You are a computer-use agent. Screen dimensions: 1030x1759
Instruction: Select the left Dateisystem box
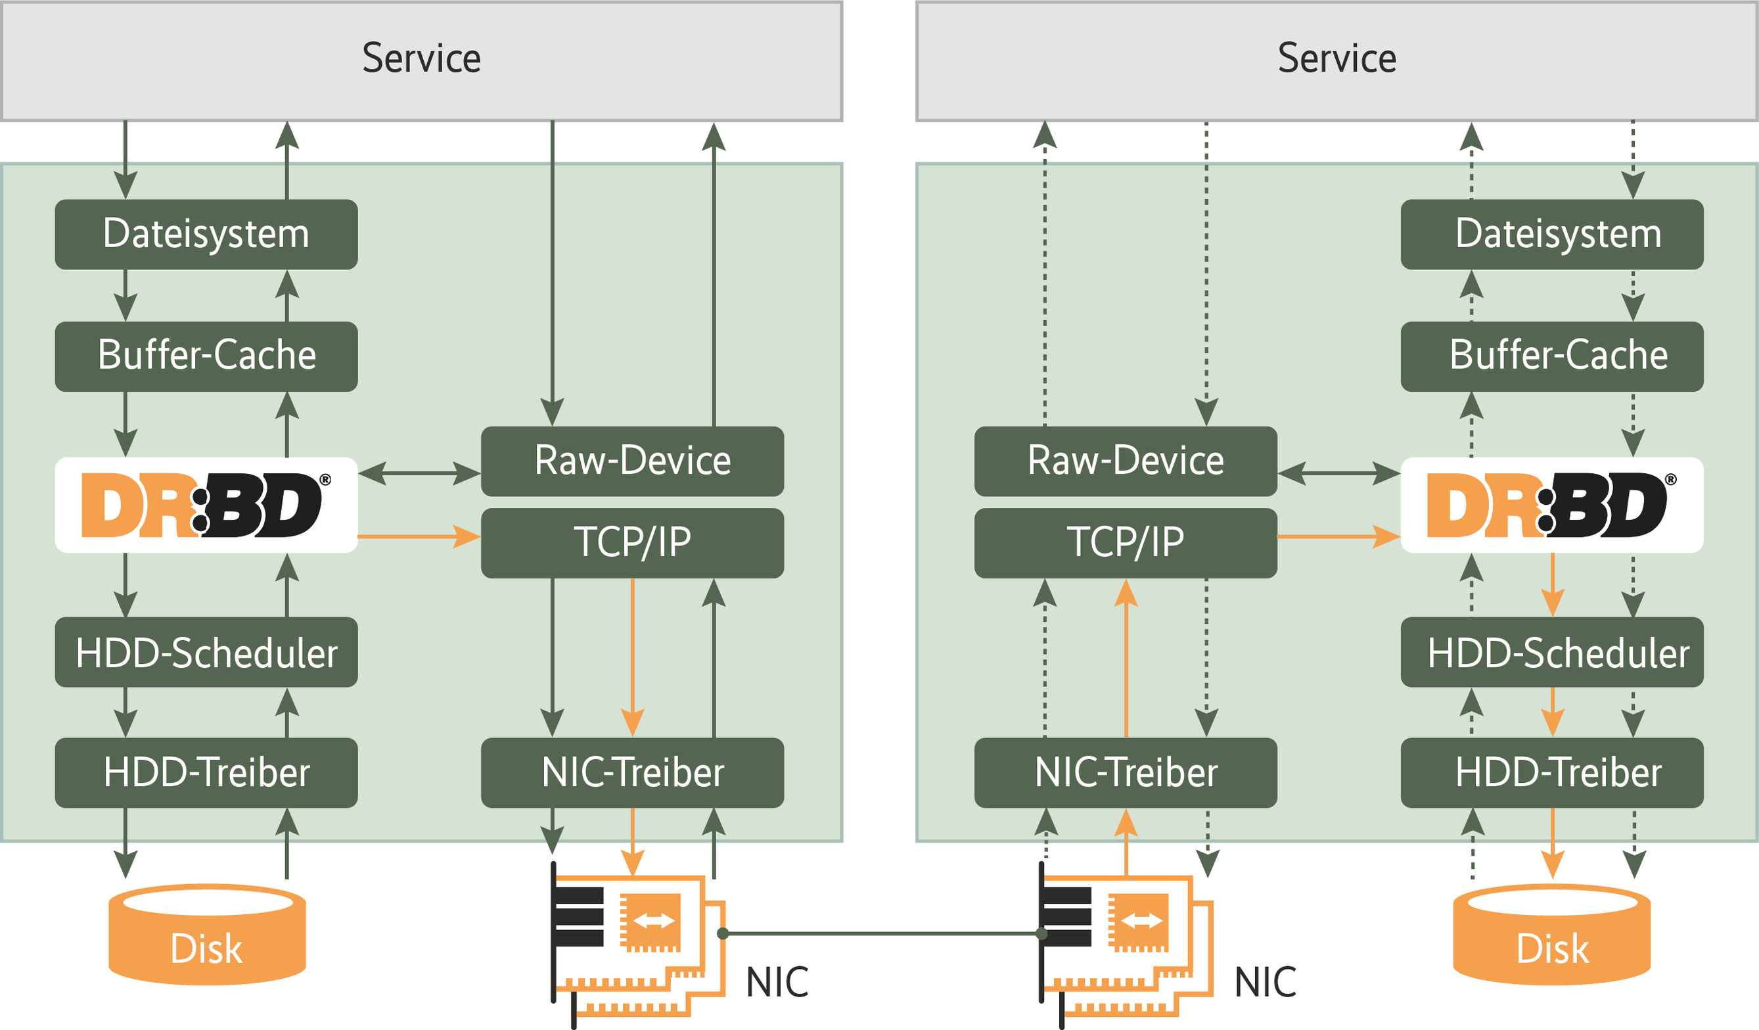click(206, 235)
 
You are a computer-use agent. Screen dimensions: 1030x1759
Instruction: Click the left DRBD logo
click(206, 505)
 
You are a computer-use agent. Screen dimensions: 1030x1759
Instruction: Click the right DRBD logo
click(1551, 505)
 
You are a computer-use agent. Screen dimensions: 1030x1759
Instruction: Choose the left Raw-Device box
click(632, 461)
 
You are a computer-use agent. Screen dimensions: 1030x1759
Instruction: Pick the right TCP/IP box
click(1125, 542)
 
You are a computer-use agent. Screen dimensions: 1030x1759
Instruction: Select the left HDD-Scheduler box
click(206, 652)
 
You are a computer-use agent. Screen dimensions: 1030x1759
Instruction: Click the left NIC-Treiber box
click(632, 773)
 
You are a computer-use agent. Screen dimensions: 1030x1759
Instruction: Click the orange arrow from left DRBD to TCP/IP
click(419, 536)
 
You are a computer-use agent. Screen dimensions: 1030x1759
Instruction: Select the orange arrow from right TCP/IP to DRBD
click(1337, 536)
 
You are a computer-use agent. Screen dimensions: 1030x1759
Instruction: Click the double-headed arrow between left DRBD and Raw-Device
click(419, 473)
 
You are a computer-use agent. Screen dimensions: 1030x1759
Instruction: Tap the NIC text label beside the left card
click(777, 983)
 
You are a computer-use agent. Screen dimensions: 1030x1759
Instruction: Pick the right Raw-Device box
click(1125, 461)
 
